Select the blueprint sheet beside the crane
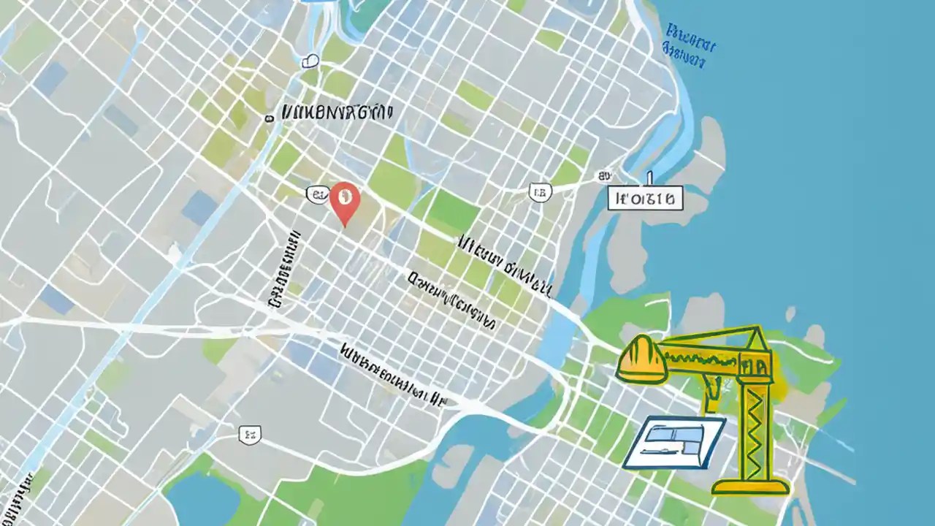tap(674, 442)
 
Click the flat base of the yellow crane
tap(751, 485)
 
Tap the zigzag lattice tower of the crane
tap(755, 431)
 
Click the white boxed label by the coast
tap(646, 197)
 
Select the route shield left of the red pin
tap(316, 194)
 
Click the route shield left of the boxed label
tap(540, 192)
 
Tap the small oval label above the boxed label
tap(603, 175)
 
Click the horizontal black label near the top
tap(336, 112)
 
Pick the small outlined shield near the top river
tap(310, 61)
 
